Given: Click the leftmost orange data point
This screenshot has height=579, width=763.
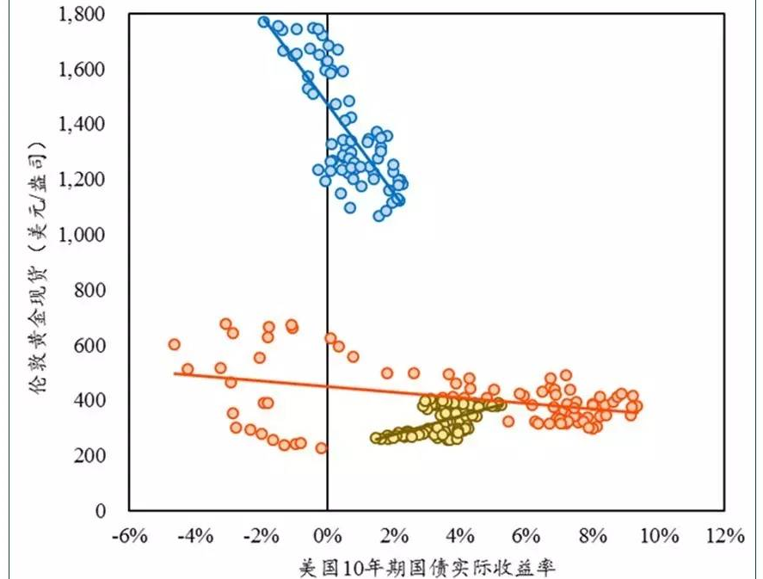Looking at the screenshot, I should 174,344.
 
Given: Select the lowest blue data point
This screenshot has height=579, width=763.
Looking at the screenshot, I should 378,215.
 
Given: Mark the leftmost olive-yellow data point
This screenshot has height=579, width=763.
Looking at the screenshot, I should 376,438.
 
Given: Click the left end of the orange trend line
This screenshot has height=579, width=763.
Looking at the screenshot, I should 175,373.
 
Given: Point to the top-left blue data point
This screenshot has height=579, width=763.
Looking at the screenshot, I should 264,22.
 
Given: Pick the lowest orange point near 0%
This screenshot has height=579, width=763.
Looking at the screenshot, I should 321,448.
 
